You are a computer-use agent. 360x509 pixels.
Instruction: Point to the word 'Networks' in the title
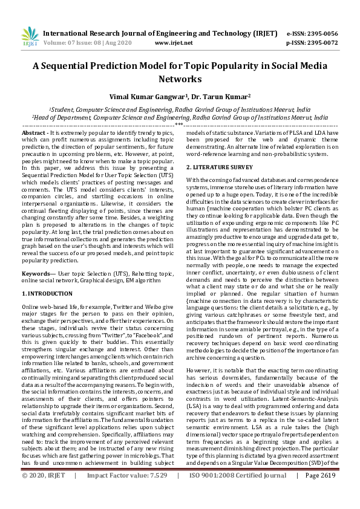(x=180, y=79)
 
